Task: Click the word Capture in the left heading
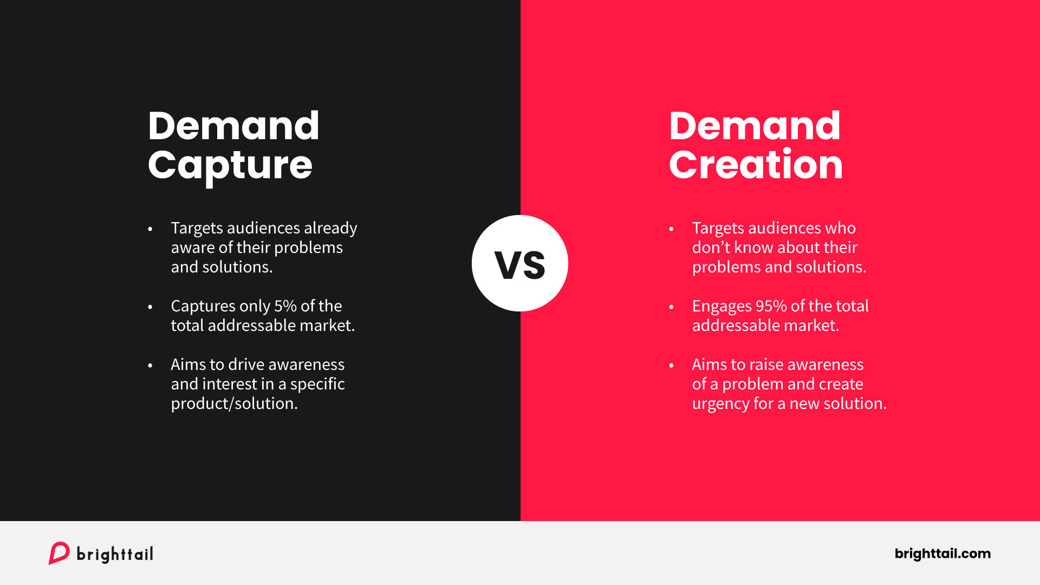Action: (230, 165)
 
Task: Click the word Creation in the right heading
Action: (756, 165)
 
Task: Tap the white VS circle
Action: (520, 263)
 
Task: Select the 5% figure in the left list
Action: (285, 306)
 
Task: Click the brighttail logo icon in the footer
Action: (59, 553)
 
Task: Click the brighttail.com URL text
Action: (942, 554)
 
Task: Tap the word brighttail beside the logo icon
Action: (115, 554)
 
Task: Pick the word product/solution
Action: (234, 404)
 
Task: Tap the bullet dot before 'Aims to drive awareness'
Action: (150, 366)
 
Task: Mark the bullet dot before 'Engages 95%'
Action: (671, 307)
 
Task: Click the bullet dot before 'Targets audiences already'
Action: (150, 229)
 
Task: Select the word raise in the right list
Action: (766, 365)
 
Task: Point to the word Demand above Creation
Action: (755, 126)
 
